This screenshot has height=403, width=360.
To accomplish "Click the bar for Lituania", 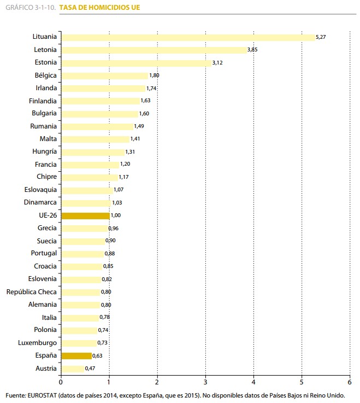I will point(188,37).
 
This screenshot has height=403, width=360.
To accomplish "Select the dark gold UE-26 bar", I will point(85,215).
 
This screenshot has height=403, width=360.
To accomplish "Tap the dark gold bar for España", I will point(76,355).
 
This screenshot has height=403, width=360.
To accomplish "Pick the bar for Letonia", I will point(154,50).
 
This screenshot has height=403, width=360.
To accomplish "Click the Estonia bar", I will point(136,63).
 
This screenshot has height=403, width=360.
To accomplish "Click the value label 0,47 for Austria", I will point(91,369).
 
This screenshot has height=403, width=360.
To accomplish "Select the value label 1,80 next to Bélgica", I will point(154,75).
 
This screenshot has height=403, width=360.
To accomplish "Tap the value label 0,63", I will point(98,355).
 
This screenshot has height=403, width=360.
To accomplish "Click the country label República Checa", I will point(32,292).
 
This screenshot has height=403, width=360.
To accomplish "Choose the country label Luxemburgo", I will point(38,343).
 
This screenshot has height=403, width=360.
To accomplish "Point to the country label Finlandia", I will point(43,101).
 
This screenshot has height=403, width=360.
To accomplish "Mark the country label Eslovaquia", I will point(40,190).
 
